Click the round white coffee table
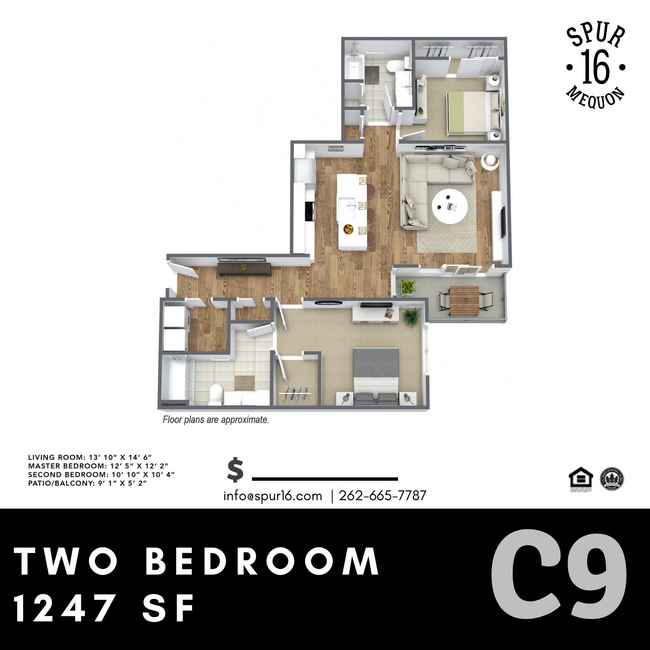point(449,207)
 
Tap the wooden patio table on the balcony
point(462,297)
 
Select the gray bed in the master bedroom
point(376,372)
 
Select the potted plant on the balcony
point(407,288)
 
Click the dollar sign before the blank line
point(236,469)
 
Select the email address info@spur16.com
point(272,495)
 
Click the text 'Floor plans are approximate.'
point(215,421)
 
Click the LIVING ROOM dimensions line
point(79,456)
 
